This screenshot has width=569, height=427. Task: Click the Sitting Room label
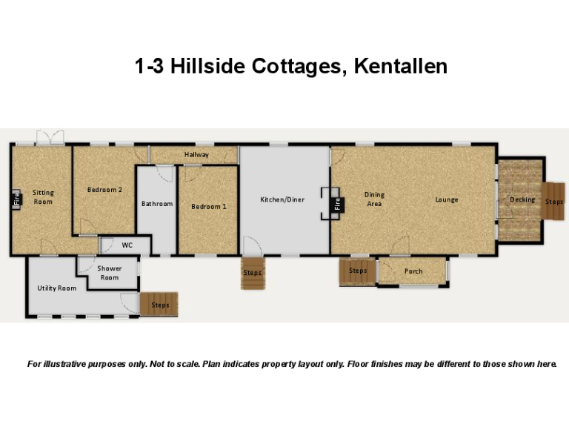pyautogui.click(x=43, y=197)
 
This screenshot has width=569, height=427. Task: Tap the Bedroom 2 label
pyautogui.click(x=104, y=190)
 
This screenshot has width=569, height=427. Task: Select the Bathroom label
pyautogui.click(x=157, y=204)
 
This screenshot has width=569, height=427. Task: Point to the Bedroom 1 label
pyautogui.click(x=209, y=206)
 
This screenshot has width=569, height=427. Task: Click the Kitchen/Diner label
pyautogui.click(x=282, y=199)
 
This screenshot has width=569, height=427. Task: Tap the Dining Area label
pyautogui.click(x=374, y=199)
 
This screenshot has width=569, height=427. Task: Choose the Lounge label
pyautogui.click(x=447, y=199)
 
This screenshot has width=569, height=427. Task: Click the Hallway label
pyautogui.click(x=196, y=155)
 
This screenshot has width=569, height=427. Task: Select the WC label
pyautogui.click(x=127, y=245)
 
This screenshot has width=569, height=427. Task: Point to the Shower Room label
pyautogui.click(x=110, y=273)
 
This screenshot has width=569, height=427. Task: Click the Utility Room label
pyautogui.click(x=57, y=288)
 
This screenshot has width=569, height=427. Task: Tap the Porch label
pyautogui.click(x=413, y=271)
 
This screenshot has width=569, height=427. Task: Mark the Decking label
pyautogui.click(x=522, y=199)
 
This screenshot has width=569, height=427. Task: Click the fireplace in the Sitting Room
pyautogui.click(x=16, y=199)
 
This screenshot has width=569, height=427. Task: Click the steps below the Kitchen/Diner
pyautogui.click(x=252, y=273)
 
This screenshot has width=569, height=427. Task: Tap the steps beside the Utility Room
pyautogui.click(x=159, y=305)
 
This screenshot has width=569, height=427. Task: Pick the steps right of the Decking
pyautogui.click(x=554, y=201)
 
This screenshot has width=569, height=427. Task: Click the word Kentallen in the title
pyautogui.click(x=400, y=67)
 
